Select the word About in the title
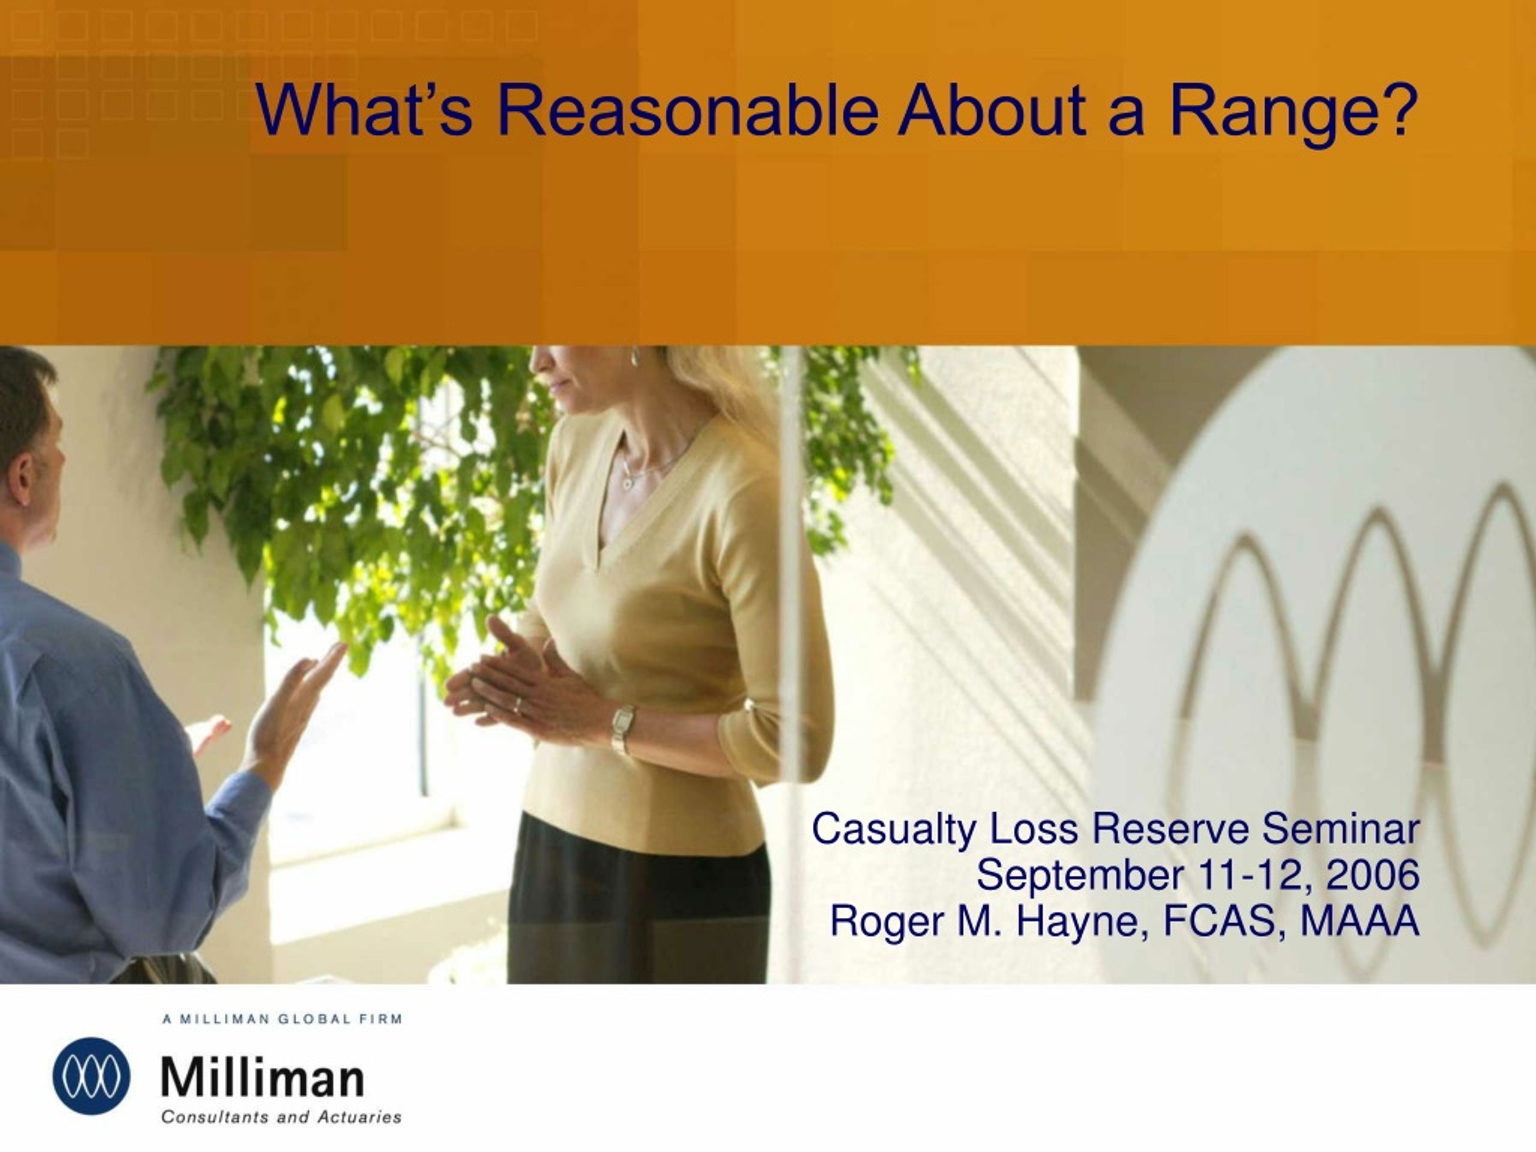click(x=991, y=110)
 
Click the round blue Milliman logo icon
click(x=91, y=1076)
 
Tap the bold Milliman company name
click(x=262, y=1077)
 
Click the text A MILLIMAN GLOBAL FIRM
click(x=283, y=1019)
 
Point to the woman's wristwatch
click(x=623, y=728)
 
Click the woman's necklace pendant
click(x=628, y=482)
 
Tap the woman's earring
click(x=635, y=358)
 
